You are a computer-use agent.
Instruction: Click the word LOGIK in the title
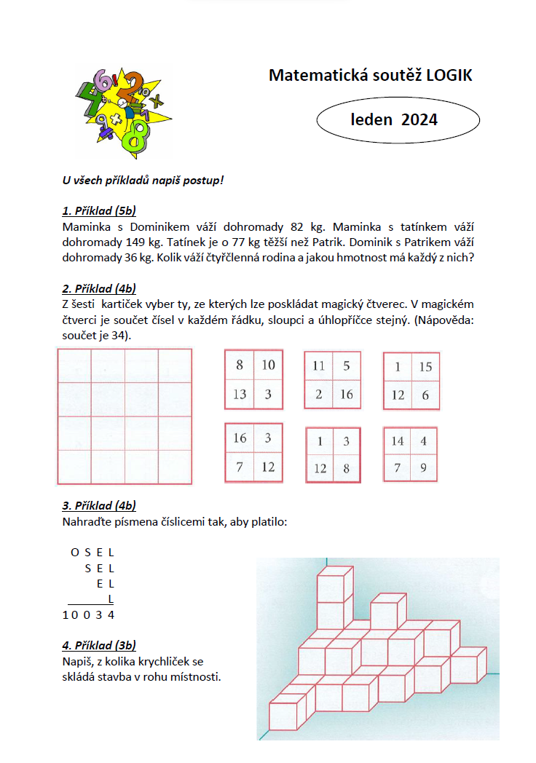coord(445,75)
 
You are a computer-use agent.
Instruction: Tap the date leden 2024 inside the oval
coord(394,119)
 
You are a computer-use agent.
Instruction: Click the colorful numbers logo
coord(122,111)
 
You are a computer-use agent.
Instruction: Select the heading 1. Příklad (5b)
coord(99,212)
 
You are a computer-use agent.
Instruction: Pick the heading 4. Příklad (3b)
coord(99,646)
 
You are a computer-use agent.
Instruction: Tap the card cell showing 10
coord(269,365)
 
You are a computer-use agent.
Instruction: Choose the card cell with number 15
coord(425,367)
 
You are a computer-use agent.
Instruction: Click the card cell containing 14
coord(398,441)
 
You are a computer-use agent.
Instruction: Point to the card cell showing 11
coord(318,366)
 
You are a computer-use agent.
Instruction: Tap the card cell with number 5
coord(347,366)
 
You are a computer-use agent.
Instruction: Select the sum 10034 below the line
coord(88,614)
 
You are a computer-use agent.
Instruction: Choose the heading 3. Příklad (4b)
coord(99,506)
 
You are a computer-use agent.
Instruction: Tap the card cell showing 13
coord(240,395)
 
